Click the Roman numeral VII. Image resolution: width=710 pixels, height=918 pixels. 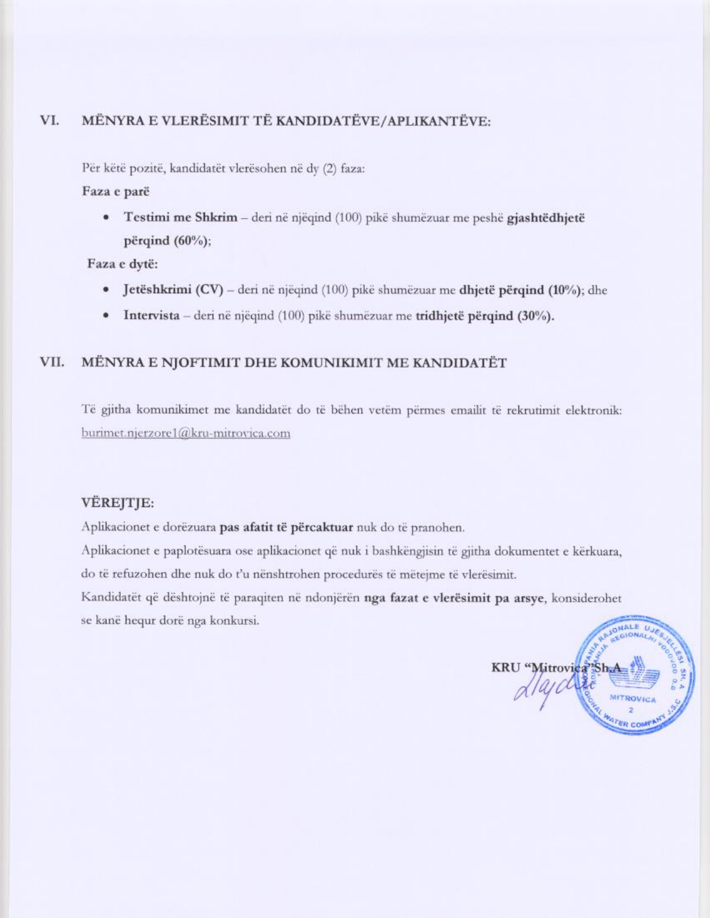click(51, 363)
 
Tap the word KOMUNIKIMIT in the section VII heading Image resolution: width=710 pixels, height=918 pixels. click(323, 363)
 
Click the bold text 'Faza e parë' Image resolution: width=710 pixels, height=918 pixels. click(116, 191)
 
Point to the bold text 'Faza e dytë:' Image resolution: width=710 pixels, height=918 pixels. click(123, 264)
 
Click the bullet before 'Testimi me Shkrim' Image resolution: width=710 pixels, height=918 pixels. click(105, 218)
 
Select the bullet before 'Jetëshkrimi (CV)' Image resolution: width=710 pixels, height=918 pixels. click(105, 290)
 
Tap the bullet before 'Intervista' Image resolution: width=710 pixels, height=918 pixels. click(105, 316)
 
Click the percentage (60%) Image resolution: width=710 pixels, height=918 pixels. click(192, 241)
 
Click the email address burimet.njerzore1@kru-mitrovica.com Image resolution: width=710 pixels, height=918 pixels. click(186, 433)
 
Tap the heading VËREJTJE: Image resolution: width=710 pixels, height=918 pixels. click(117, 503)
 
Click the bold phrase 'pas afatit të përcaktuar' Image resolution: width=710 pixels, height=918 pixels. click(286, 527)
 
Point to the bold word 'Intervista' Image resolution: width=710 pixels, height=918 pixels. click(151, 316)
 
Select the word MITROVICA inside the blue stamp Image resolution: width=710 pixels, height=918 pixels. click(633, 698)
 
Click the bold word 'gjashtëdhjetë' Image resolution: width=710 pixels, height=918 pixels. click(546, 218)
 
